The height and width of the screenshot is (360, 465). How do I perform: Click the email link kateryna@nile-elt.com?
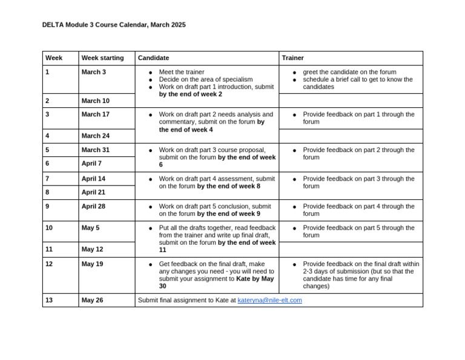point(269,300)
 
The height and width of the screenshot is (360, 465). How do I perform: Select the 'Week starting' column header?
point(102,58)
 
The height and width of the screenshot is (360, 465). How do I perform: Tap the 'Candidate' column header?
point(153,58)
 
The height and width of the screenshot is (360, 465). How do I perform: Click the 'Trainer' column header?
point(292,58)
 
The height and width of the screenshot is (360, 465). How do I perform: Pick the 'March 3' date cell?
point(93,72)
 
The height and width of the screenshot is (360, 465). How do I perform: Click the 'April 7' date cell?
point(91,164)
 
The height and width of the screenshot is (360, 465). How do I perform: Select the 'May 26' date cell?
point(92,300)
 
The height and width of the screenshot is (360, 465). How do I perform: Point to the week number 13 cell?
point(49,300)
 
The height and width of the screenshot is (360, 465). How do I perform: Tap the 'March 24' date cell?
point(95,136)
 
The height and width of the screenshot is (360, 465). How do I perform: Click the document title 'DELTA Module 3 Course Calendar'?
point(114,25)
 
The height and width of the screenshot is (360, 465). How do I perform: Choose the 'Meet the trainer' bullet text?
point(182,72)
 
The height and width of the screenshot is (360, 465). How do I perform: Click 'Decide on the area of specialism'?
point(206,79)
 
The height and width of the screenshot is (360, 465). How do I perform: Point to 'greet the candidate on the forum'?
point(349,72)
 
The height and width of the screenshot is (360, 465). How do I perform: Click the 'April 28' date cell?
point(93,207)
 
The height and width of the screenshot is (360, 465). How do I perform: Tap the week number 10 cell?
point(49,228)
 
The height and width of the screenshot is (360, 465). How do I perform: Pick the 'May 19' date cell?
point(92,264)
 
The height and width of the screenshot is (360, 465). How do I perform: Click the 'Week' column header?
point(54,58)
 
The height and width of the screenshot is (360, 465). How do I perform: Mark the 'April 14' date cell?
point(93,179)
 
